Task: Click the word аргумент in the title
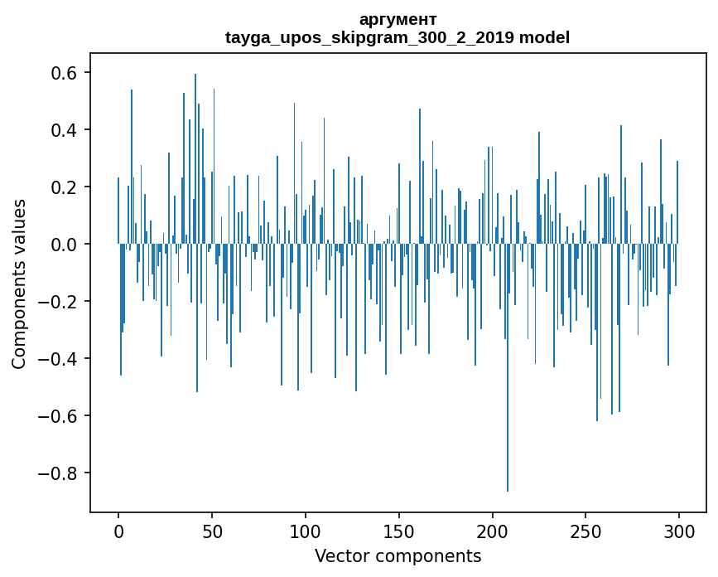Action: click(398, 19)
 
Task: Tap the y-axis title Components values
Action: click(19, 284)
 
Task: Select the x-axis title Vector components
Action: click(398, 555)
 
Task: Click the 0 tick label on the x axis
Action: click(118, 531)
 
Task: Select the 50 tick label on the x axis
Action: click(212, 531)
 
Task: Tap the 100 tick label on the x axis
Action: click(306, 531)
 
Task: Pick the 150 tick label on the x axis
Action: click(399, 531)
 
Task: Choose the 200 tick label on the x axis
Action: click(492, 531)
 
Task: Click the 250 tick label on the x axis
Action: click(585, 531)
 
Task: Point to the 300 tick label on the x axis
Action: click(679, 531)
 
